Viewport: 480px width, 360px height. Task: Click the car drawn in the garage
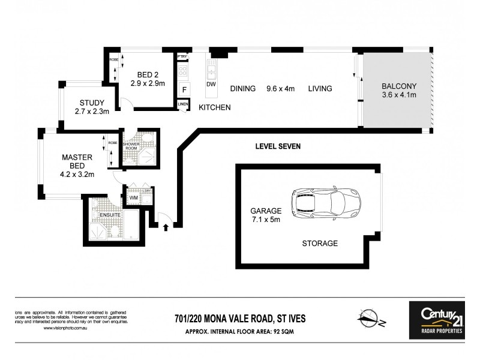click(326, 203)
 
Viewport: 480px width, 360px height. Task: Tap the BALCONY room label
click(399, 85)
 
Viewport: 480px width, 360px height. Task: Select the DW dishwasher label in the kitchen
click(211, 85)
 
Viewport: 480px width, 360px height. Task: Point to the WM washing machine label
click(134, 197)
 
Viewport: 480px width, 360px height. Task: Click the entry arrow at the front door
click(166, 226)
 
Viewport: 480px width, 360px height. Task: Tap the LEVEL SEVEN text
click(278, 146)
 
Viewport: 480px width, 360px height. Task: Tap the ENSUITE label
click(111, 214)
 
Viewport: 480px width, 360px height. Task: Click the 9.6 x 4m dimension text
click(280, 89)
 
